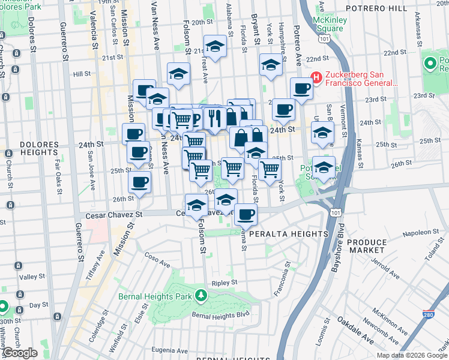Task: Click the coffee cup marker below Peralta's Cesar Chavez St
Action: pyautogui.click(x=245, y=213)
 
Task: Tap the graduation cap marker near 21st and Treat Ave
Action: pyautogui.click(x=214, y=46)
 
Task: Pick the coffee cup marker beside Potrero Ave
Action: pyautogui.click(x=301, y=88)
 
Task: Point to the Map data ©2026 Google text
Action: pyautogui.click(x=411, y=355)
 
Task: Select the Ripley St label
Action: pyautogui.click(x=224, y=282)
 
